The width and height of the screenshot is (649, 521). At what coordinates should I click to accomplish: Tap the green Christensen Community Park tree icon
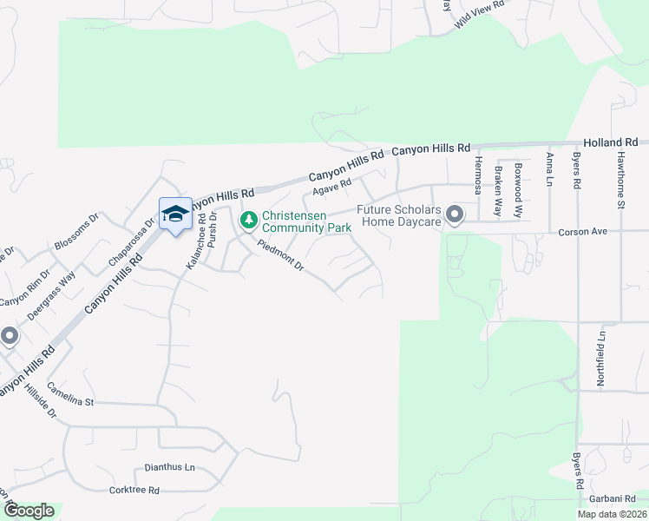coord(248,219)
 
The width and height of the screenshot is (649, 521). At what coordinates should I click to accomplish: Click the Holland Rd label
coord(611,142)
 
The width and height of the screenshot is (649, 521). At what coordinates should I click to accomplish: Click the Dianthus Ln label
coord(170,467)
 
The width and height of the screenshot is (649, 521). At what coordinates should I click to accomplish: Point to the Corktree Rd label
coord(134,490)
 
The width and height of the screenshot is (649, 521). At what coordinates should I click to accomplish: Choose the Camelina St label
coord(70,394)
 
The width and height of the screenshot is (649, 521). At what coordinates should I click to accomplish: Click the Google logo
coord(28,511)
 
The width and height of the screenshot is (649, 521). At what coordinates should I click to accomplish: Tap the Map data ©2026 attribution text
coord(612,514)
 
